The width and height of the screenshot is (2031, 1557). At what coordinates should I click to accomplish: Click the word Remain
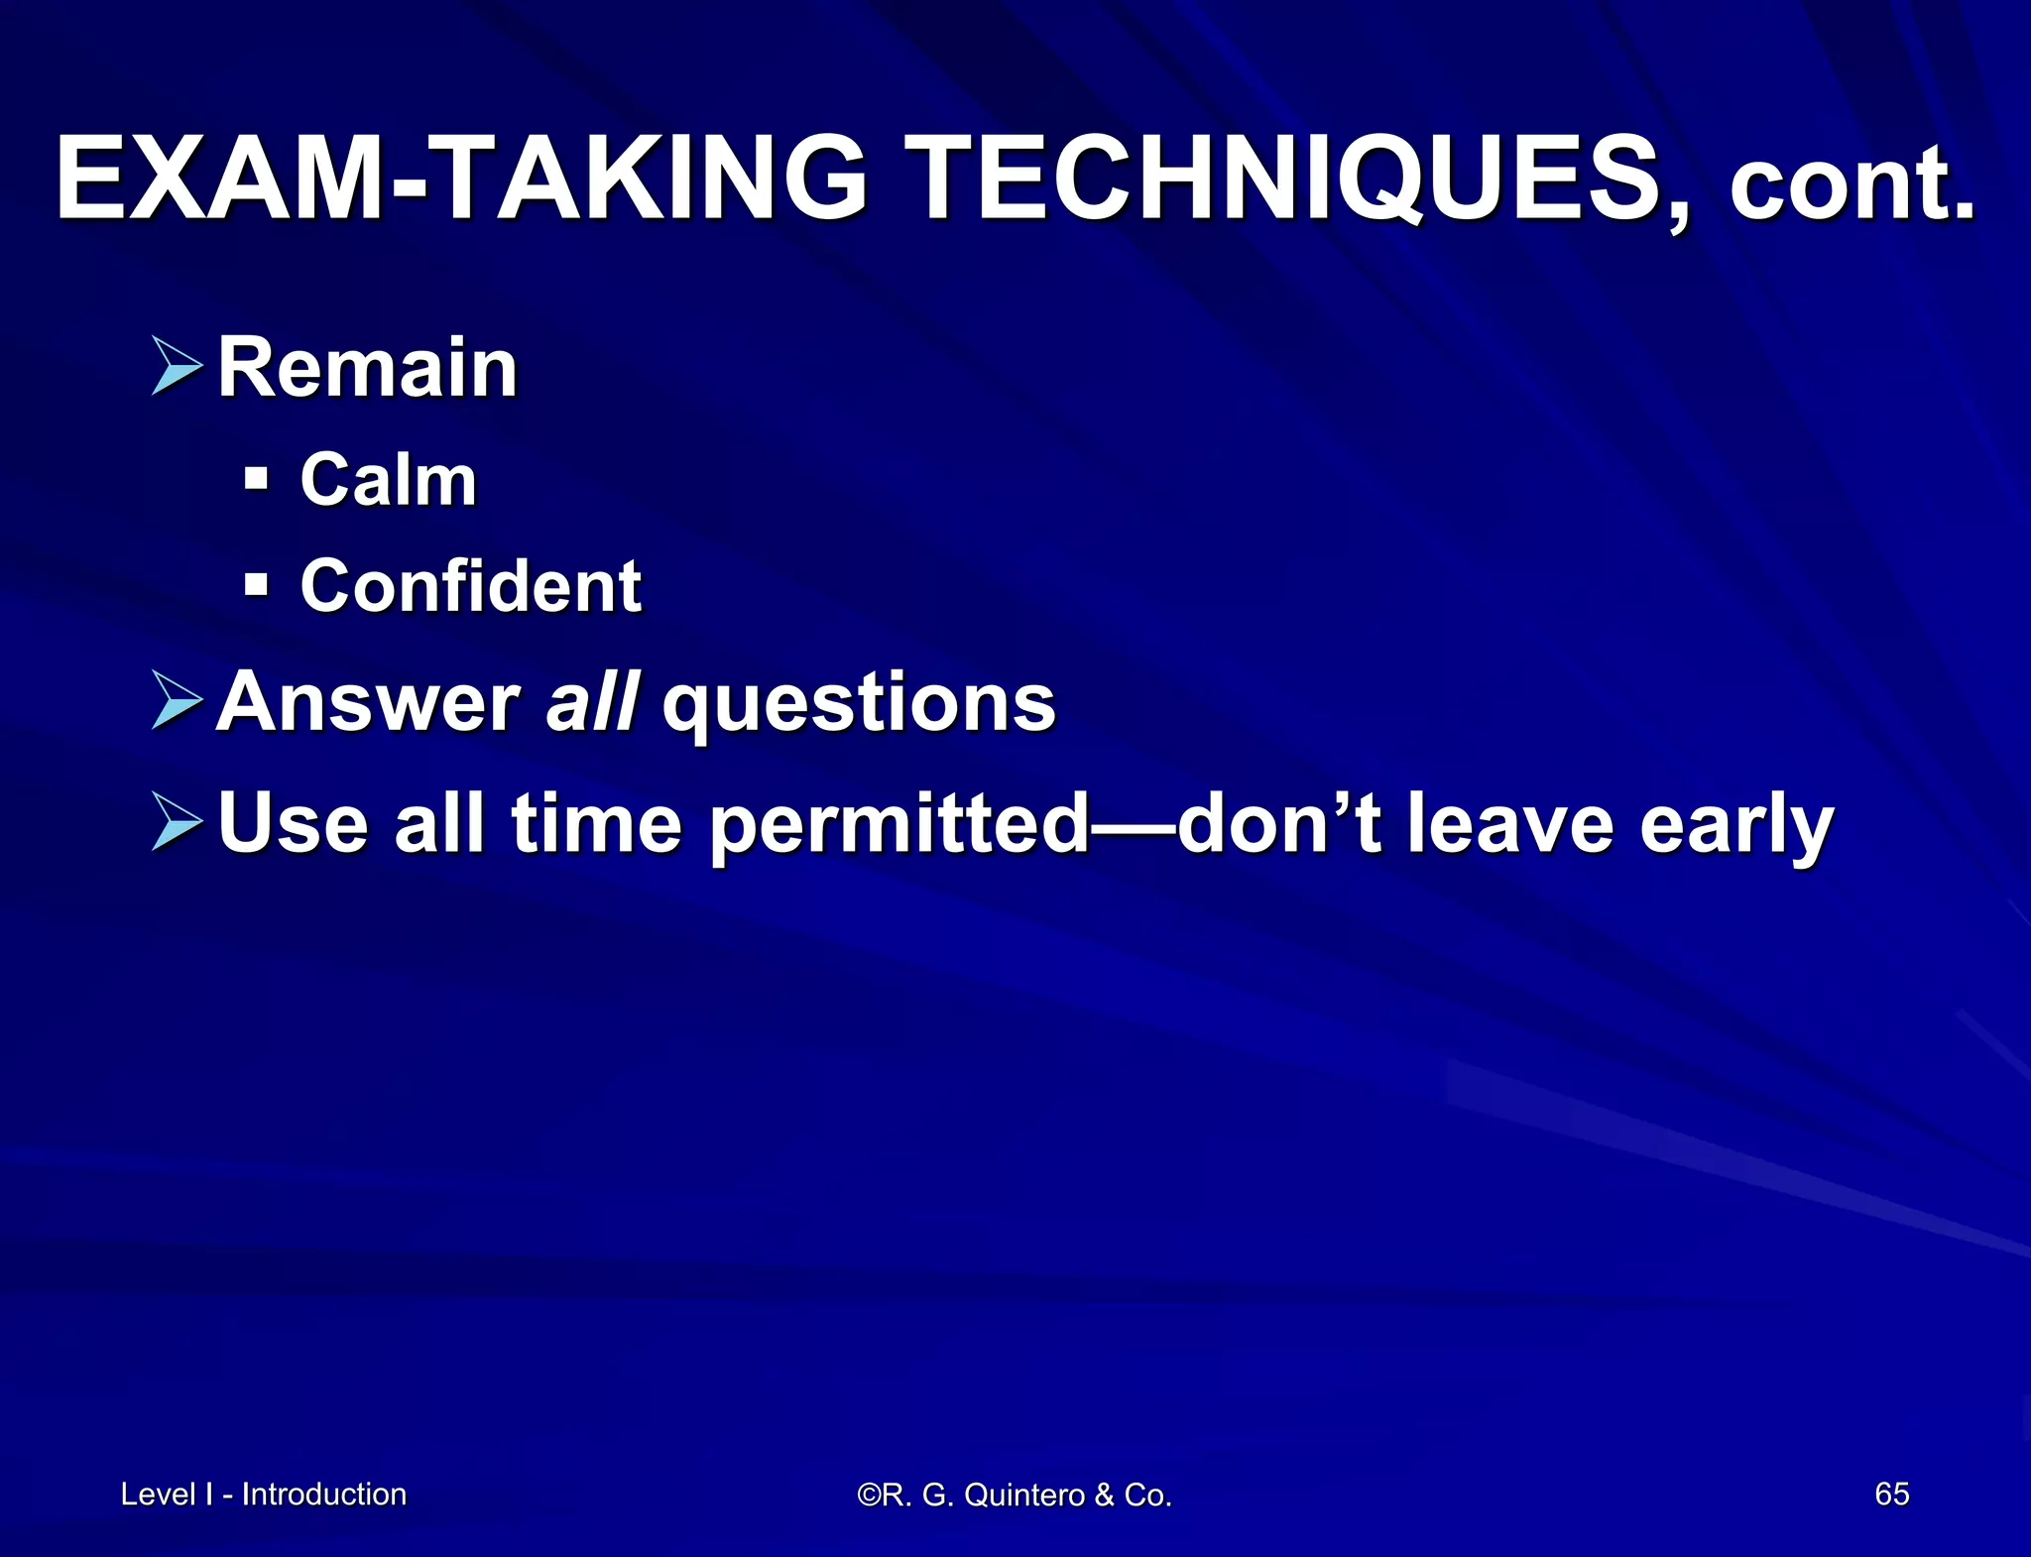pos(367,368)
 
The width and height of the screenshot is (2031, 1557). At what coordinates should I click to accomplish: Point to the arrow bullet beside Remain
pos(178,366)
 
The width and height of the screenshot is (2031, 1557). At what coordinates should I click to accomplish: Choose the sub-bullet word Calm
pos(388,481)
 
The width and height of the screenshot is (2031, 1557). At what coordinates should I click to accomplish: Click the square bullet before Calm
pos(256,480)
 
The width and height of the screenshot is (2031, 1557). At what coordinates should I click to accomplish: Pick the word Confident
pos(470,586)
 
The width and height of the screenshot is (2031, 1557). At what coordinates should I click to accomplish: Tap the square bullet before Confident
pos(256,585)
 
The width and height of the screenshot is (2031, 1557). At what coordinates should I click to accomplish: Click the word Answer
pos(368,702)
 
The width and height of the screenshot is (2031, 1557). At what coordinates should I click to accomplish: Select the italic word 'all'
pos(592,702)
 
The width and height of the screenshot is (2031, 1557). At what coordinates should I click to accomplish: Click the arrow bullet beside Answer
pos(178,700)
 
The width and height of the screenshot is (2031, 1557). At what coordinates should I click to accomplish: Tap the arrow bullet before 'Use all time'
pos(178,821)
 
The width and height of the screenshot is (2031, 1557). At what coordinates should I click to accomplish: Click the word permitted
pos(900,825)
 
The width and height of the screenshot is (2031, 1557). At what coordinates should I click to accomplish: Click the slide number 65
pos(1891,1494)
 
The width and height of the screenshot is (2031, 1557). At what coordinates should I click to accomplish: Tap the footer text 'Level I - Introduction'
pos(263,1494)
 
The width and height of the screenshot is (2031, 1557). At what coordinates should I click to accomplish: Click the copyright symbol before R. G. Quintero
pos(868,1495)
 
